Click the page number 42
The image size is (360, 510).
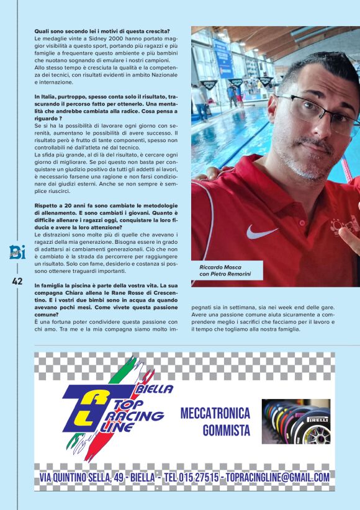tap(17, 281)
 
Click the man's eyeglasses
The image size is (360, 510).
tap(317, 112)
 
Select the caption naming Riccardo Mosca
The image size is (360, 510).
tap(225, 270)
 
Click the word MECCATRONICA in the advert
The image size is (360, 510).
tap(215, 413)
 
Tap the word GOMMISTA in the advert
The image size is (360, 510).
tap(226, 430)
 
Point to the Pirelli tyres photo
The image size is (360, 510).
tap(295, 421)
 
